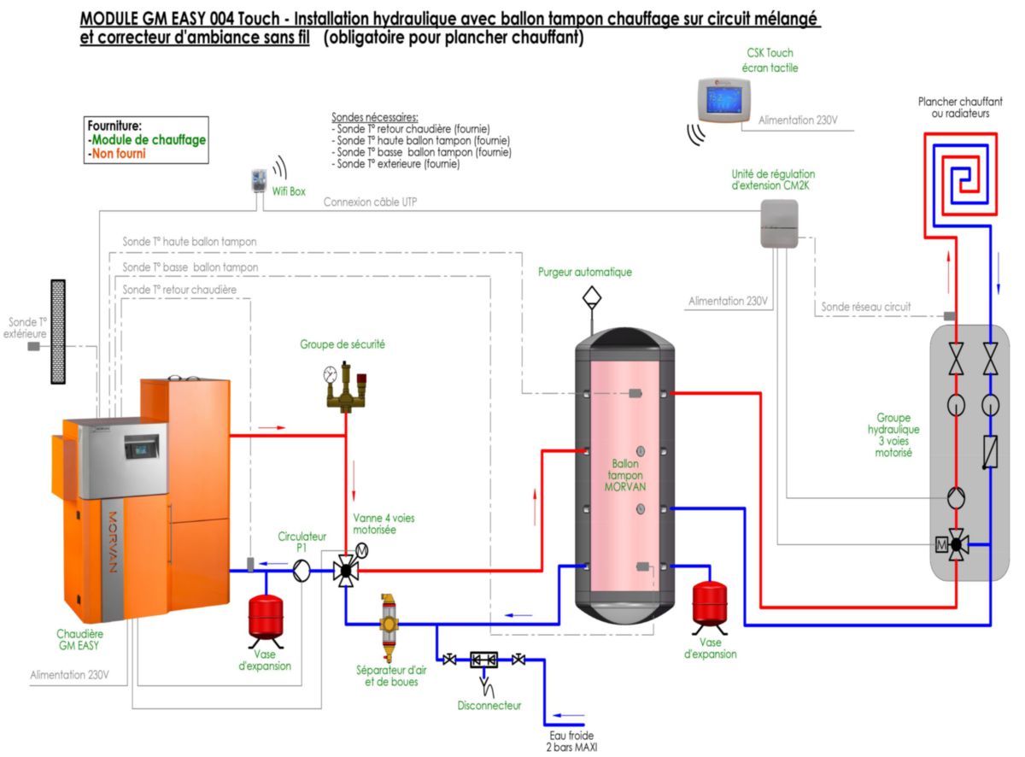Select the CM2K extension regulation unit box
(x=778, y=223)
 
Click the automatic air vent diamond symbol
(x=591, y=298)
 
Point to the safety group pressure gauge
(x=331, y=373)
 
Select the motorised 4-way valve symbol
(x=346, y=570)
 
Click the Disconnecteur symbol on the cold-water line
(x=483, y=660)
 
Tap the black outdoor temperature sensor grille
(x=58, y=331)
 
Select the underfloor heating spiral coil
(x=963, y=174)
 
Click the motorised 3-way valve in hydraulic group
(x=956, y=543)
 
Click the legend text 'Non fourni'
(x=118, y=154)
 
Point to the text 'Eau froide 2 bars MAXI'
(x=571, y=740)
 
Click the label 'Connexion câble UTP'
(x=370, y=202)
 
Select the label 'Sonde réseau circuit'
(x=865, y=306)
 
